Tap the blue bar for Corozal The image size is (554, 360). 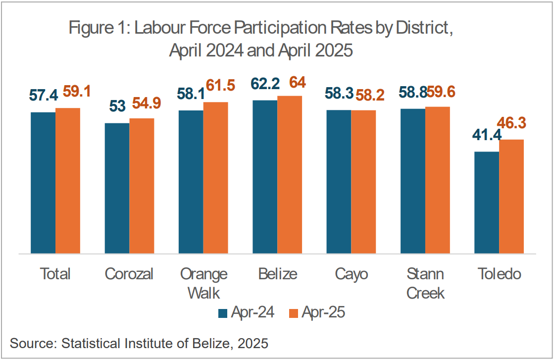point(117,188)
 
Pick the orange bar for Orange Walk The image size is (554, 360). point(216,178)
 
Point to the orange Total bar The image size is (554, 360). point(68,181)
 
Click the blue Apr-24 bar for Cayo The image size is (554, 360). point(339,181)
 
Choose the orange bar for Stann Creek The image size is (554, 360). point(438,180)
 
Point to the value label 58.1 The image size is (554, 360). point(191,93)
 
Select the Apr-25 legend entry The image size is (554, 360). point(317,313)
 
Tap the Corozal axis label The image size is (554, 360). point(129,274)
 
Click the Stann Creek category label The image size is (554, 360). point(425,283)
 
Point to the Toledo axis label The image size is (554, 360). point(499,274)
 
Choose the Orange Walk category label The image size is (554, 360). point(203,283)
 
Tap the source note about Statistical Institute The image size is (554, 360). point(139,343)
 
